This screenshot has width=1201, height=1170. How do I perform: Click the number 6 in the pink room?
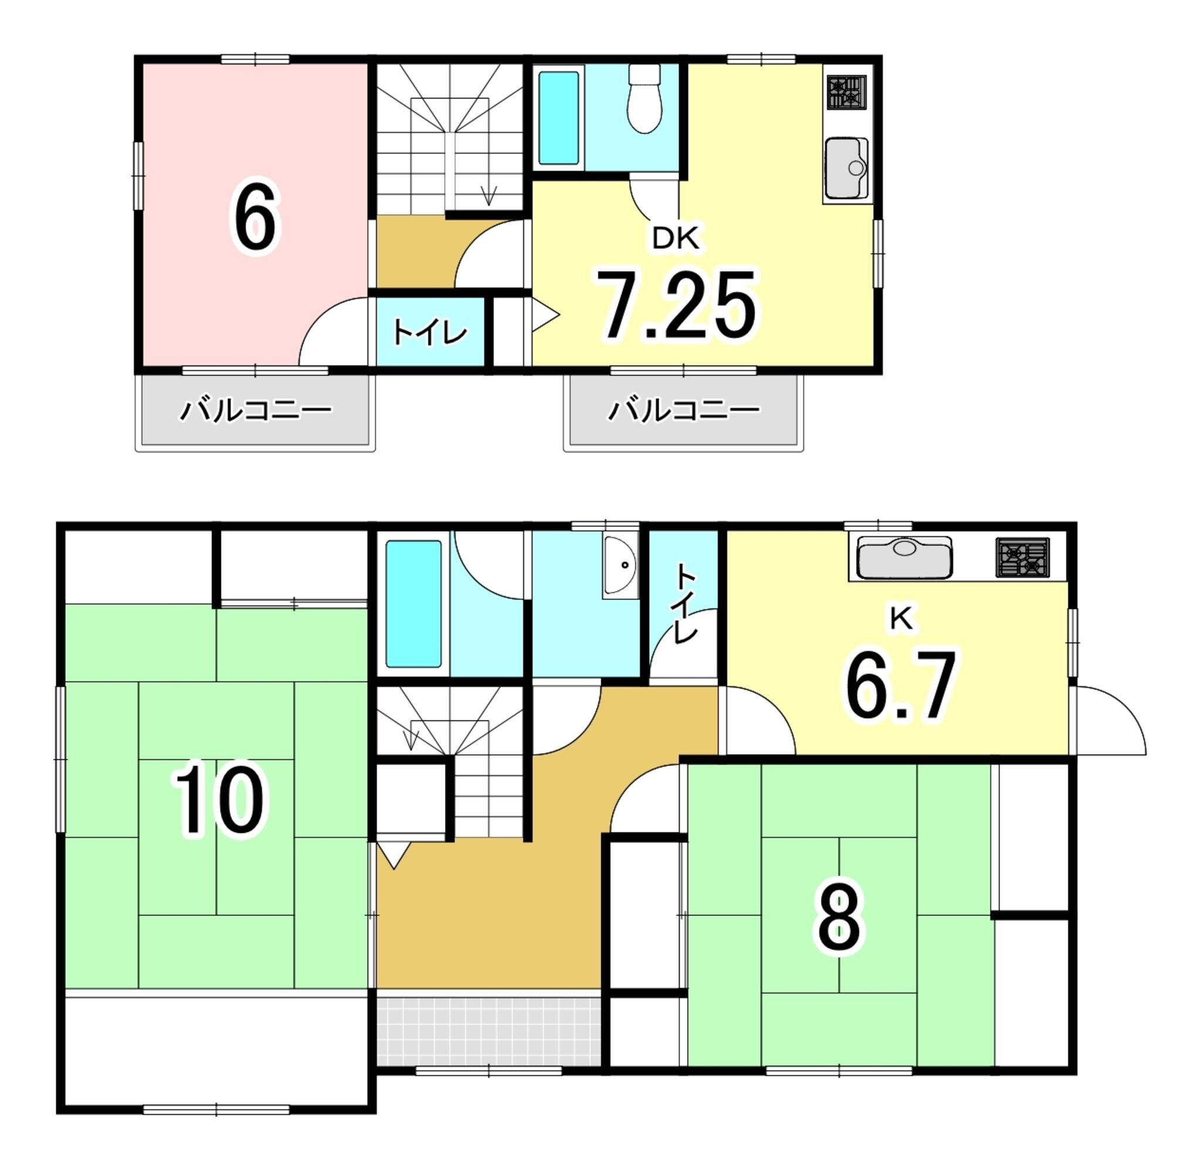(255, 218)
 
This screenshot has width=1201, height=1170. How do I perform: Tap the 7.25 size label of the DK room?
(676, 305)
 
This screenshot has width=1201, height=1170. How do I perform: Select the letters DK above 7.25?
(676, 239)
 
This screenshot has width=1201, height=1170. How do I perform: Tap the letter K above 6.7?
(901, 620)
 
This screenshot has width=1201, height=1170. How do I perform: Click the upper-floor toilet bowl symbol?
(644, 98)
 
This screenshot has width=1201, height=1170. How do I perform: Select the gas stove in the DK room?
(846, 92)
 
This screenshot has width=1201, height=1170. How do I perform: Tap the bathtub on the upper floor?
(559, 118)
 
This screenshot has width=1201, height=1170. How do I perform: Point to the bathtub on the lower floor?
(413, 603)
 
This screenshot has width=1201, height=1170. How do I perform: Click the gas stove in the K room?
(1023, 557)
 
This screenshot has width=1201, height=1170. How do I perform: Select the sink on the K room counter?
(904, 558)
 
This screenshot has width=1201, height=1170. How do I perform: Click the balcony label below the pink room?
(255, 410)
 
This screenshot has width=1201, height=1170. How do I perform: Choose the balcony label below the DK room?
(683, 410)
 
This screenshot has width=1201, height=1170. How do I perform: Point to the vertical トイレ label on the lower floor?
(686, 603)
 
